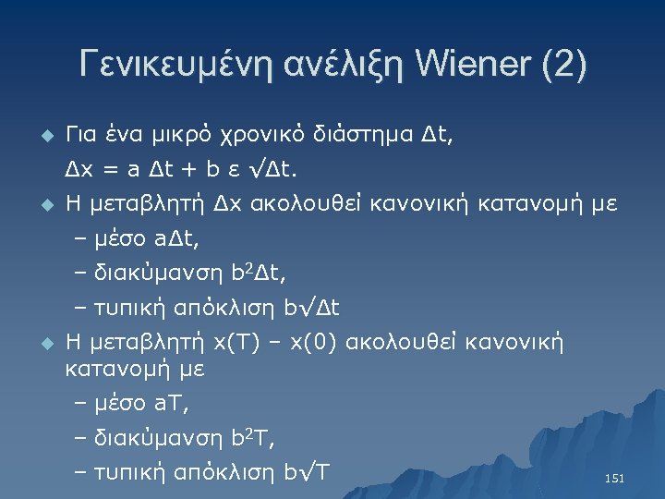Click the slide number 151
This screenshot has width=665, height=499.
pyautogui.click(x=613, y=479)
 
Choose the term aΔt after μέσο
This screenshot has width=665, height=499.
pyautogui.click(x=176, y=238)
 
